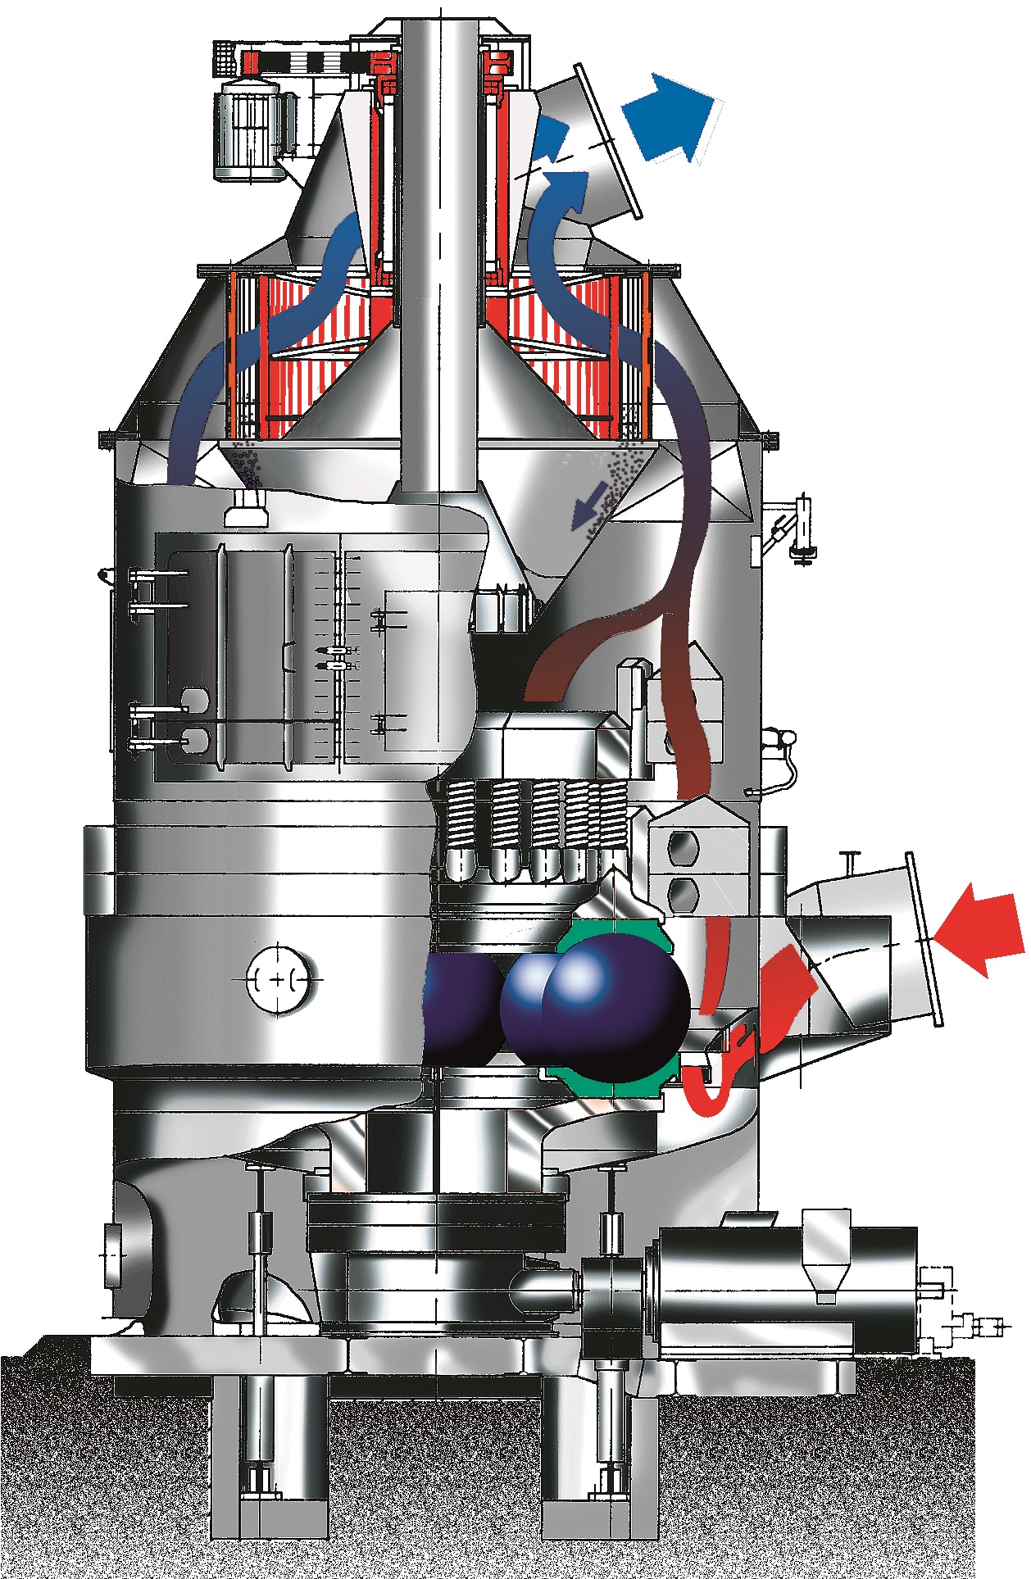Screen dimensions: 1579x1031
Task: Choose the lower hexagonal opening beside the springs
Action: click(683, 892)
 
